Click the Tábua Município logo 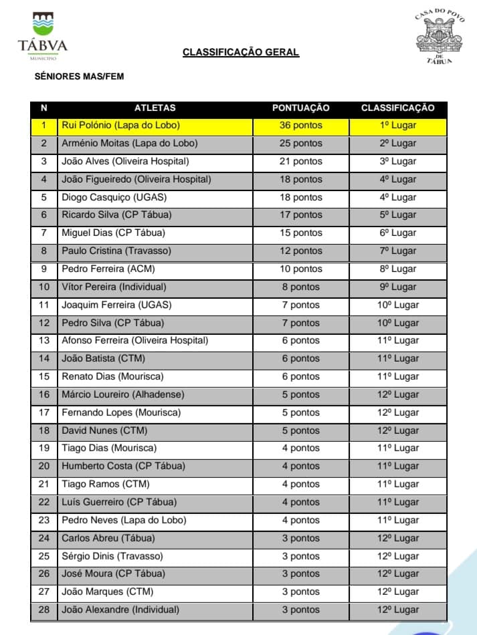[x=43, y=36]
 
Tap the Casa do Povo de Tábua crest [x=440, y=36]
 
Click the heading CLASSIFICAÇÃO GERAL [x=241, y=53]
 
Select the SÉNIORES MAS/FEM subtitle [x=79, y=77]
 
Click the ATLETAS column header [x=155, y=108]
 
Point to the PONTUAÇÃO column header [x=300, y=108]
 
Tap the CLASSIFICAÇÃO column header [x=397, y=108]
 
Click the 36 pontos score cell [x=300, y=125]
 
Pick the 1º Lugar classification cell [x=397, y=125]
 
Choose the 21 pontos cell [x=300, y=161]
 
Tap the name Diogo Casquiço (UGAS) [x=114, y=197]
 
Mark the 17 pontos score [x=300, y=215]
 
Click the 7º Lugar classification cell [x=397, y=251]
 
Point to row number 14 [x=44, y=358]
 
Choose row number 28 [x=44, y=610]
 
